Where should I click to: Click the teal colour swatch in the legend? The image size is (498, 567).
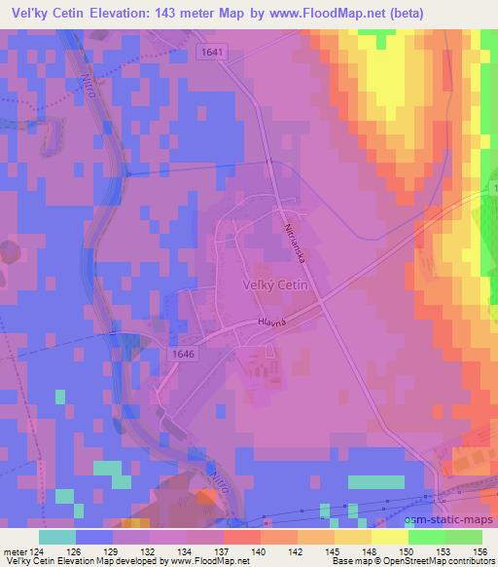(57, 536)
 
